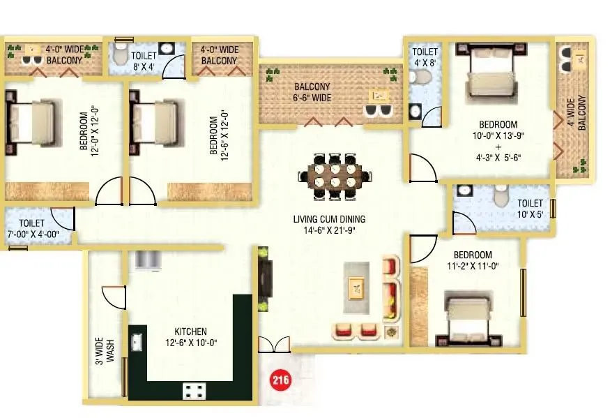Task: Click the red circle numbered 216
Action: point(280,380)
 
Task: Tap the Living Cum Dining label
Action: point(329,224)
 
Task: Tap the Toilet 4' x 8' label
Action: point(425,57)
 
